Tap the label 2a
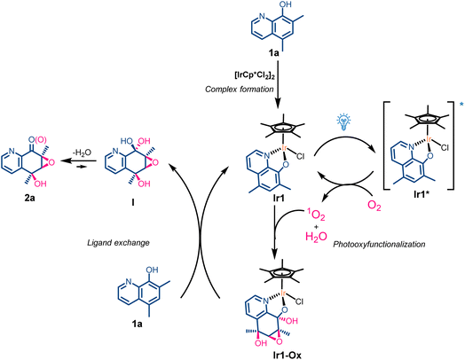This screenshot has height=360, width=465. tap(29, 198)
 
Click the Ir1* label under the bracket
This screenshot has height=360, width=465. tap(423, 195)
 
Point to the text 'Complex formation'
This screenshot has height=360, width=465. tap(240, 90)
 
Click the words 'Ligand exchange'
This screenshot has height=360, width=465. tap(118, 243)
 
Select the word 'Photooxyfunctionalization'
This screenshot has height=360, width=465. tap(379, 245)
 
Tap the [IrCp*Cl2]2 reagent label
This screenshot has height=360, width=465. tap(255, 76)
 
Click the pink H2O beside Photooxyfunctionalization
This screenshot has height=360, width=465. tap(316, 237)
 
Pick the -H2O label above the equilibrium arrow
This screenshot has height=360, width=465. tap(82, 153)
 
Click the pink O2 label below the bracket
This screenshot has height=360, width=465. tap(374, 206)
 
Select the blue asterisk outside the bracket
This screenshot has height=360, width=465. tap(461, 104)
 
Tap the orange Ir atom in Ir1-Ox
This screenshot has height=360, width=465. tap(283, 293)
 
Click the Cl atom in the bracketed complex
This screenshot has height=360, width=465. tap(445, 147)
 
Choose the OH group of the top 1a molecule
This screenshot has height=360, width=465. tap(285, 4)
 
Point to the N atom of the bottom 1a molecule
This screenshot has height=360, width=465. tap(128, 281)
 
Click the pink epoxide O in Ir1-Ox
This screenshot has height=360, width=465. tap(279, 342)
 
